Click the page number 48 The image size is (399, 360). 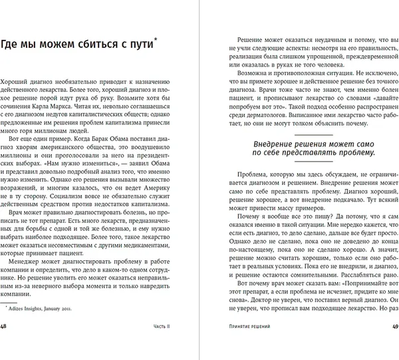5,343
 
